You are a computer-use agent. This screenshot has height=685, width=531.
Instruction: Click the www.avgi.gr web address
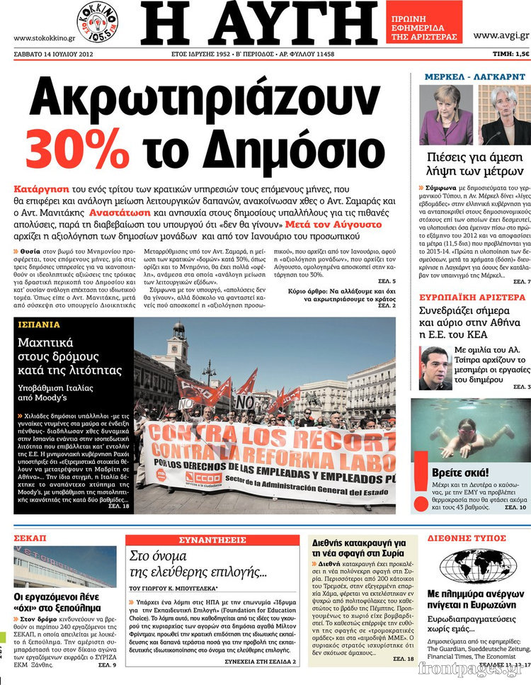(501, 35)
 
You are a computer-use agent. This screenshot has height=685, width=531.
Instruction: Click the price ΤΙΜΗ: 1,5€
(511, 54)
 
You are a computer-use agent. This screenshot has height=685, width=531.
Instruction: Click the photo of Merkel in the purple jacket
(446, 115)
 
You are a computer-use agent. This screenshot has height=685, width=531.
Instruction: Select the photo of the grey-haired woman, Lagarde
(506, 115)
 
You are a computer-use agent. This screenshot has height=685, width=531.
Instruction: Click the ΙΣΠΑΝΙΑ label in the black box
(39, 325)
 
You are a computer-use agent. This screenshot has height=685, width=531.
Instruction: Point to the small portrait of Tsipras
(435, 368)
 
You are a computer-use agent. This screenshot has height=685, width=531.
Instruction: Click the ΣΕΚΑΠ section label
(30, 538)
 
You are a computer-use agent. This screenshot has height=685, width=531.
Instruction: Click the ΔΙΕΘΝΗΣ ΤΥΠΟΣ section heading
(467, 538)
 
